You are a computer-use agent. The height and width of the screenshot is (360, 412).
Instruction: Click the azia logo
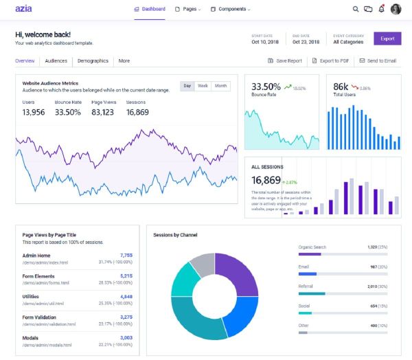pyautogui.click(x=23, y=10)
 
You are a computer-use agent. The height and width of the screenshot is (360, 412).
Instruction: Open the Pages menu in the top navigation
pyautogui.click(x=187, y=10)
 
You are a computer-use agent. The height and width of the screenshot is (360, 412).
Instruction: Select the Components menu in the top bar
pyautogui.click(x=231, y=10)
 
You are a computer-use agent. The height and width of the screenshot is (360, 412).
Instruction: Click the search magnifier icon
pyautogui.click(x=356, y=10)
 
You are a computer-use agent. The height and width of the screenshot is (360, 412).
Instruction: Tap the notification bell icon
pyautogui.click(x=381, y=10)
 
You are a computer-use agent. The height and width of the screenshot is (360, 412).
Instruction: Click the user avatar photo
pyautogui.click(x=396, y=10)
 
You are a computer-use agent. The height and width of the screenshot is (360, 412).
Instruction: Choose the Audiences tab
pyautogui.click(x=56, y=60)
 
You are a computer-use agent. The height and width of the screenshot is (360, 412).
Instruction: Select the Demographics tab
pyautogui.click(x=93, y=60)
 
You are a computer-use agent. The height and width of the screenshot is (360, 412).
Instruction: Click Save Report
pyautogui.click(x=285, y=60)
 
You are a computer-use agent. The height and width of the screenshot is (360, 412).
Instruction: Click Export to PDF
pyautogui.click(x=330, y=60)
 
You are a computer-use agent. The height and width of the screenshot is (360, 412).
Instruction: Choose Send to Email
pyautogui.click(x=378, y=60)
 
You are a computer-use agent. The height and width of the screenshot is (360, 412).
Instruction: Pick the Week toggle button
pyautogui.click(x=203, y=86)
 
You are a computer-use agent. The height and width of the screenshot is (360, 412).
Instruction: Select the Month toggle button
pyautogui.click(x=220, y=86)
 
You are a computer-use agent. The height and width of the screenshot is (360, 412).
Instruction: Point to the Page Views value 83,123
pyautogui.click(x=102, y=112)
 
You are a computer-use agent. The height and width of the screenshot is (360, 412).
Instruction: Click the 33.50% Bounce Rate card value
pyautogui.click(x=266, y=87)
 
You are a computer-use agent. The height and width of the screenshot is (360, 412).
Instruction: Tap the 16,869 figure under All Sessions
pyautogui.click(x=266, y=180)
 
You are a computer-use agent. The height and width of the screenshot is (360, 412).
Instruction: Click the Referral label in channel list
pyautogui.click(x=306, y=285)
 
